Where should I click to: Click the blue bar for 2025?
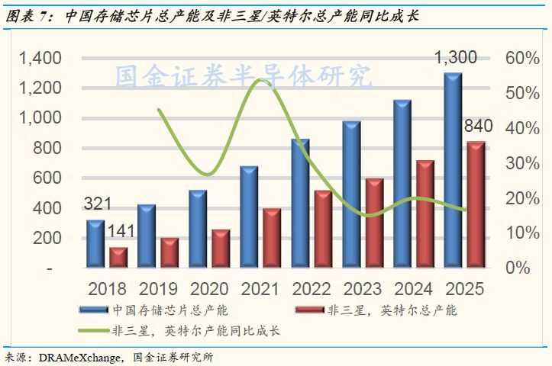coord(453,171)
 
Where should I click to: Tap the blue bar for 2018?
coord(95,243)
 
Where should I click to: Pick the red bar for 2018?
coord(118,257)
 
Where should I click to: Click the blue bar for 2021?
coord(249,217)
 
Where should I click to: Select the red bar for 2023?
coord(374,223)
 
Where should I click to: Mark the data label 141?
coord(121,231)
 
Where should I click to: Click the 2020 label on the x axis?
coord(208,289)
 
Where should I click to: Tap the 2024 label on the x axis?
coord(413,289)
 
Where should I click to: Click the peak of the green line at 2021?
coord(261,79)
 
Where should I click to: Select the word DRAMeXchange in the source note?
coord(83,357)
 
